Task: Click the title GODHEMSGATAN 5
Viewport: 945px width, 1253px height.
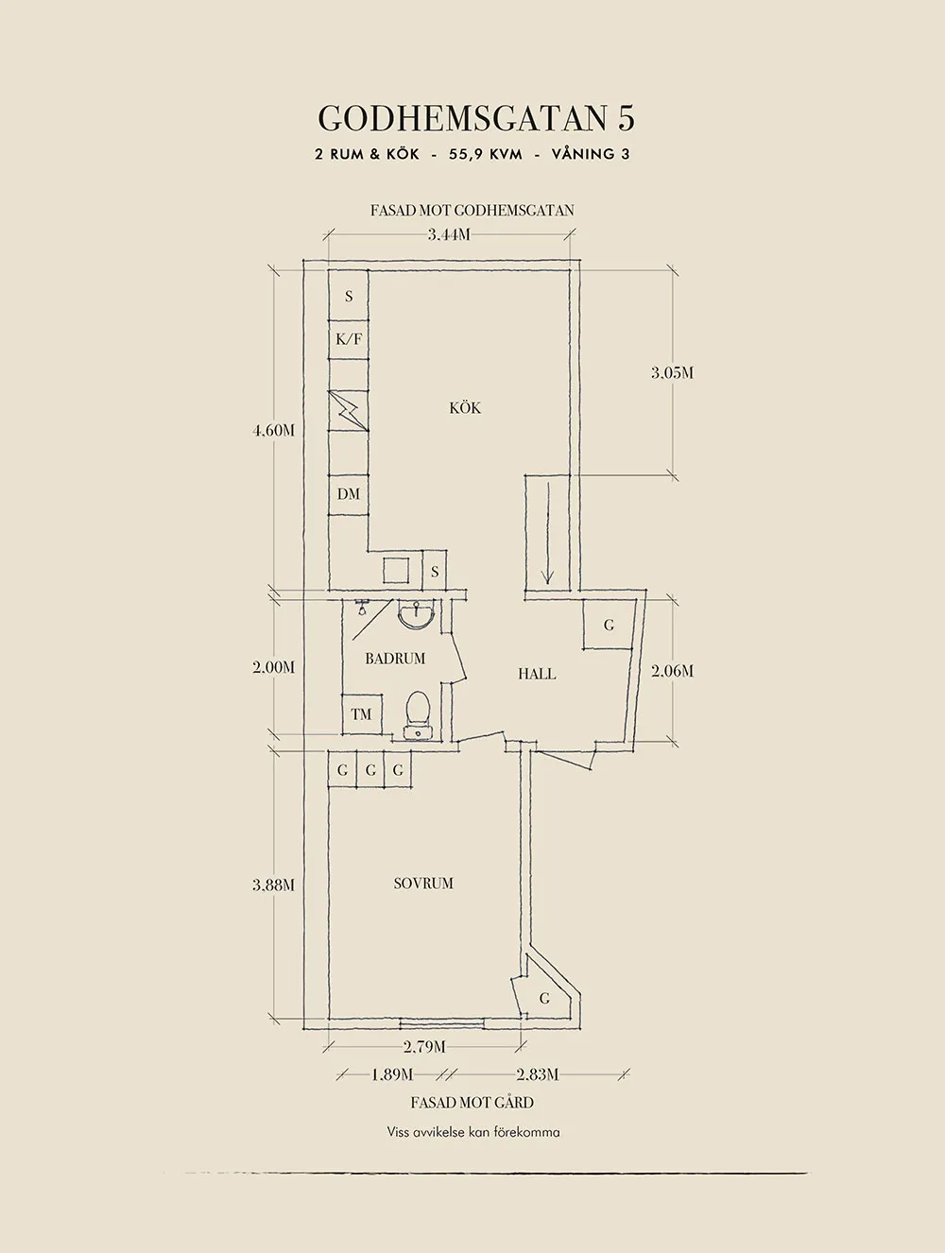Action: click(x=475, y=118)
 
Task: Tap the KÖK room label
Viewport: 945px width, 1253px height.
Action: click(x=465, y=408)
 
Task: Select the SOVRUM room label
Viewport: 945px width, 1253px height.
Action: click(x=423, y=884)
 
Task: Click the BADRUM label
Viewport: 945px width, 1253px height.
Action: click(x=395, y=659)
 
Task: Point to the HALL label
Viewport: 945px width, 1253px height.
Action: click(x=537, y=674)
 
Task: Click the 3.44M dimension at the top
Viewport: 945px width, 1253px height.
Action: click(x=449, y=234)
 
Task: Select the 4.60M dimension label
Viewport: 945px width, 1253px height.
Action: click(x=273, y=431)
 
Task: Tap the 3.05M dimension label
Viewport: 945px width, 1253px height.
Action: click(x=672, y=373)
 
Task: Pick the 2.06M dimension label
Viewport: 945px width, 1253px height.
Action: click(x=672, y=671)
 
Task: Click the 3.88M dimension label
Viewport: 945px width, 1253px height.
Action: click(x=273, y=885)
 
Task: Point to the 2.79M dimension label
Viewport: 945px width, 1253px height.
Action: click(x=424, y=1046)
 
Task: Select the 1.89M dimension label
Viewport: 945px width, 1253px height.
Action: click(x=391, y=1074)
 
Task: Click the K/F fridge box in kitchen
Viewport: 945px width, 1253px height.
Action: click(x=349, y=338)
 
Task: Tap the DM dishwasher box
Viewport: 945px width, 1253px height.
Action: click(x=349, y=494)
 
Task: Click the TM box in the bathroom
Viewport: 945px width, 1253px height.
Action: click(x=362, y=714)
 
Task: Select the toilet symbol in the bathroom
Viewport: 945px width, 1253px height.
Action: click(x=417, y=712)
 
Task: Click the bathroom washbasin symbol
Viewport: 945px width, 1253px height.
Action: click(x=417, y=615)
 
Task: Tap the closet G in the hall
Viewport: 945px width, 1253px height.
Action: click(x=608, y=625)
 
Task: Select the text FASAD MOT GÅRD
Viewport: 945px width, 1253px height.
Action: click(x=472, y=1103)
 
